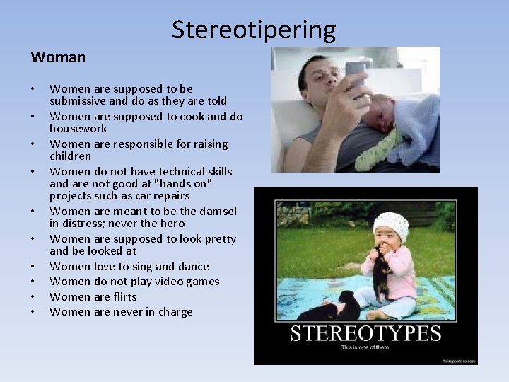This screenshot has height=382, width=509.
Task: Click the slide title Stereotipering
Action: tap(254, 30)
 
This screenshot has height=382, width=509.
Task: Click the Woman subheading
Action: tap(58, 57)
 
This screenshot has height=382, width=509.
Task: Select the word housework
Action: tap(78, 129)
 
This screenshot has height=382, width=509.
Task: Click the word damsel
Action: tap(215, 212)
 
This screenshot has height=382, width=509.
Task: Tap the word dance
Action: tap(192, 267)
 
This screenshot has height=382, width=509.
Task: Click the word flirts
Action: tap(124, 297)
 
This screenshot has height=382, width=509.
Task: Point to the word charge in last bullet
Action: tap(175, 312)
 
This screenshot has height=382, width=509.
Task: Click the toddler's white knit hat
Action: tap(391, 226)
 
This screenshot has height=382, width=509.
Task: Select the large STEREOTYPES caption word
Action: tap(365, 334)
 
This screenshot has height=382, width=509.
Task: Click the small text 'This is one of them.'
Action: tap(365, 348)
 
